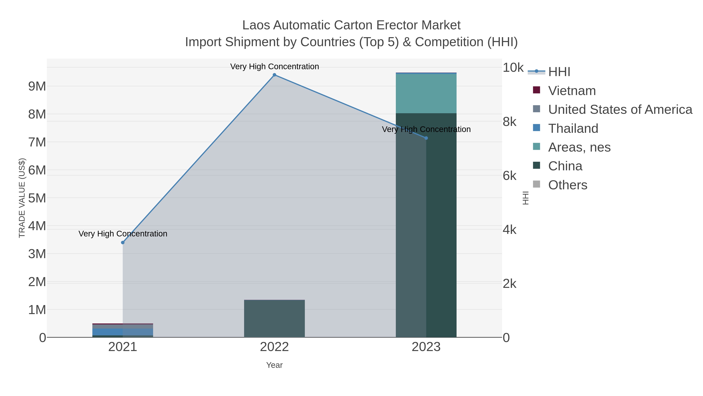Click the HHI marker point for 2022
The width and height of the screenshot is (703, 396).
click(274, 75)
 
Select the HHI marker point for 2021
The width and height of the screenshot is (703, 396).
click(123, 242)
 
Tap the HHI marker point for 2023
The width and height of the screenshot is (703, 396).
click(426, 138)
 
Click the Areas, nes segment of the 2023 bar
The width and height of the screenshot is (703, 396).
click(426, 93)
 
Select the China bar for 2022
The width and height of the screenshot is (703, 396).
click(274, 319)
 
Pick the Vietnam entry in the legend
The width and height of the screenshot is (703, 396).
click(572, 91)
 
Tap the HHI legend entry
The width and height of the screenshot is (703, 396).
click(559, 72)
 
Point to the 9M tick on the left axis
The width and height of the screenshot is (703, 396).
click(37, 86)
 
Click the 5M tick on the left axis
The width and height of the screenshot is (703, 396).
click(37, 198)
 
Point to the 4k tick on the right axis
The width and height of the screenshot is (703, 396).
click(509, 230)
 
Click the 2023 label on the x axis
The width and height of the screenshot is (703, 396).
click(426, 347)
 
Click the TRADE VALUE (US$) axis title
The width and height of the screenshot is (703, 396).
click(22, 198)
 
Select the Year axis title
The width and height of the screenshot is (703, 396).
click(274, 365)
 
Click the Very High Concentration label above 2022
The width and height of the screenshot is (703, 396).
click(274, 67)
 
